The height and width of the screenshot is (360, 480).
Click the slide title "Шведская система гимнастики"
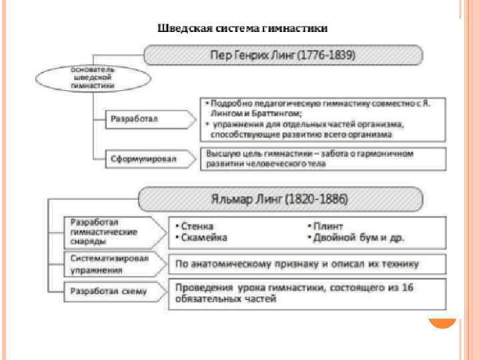242,29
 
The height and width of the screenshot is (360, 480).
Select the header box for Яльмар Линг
280,199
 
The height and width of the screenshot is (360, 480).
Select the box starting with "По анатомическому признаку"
297,263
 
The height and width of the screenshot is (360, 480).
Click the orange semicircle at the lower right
441,325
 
